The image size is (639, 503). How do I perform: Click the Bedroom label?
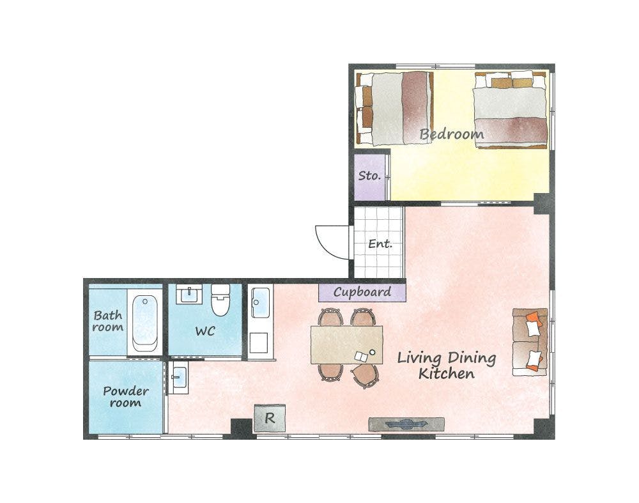click(x=452, y=134)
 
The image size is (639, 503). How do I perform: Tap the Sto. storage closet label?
click(x=369, y=176)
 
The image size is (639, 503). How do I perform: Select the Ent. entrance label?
click(x=380, y=244)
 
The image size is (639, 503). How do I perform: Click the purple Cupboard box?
click(x=362, y=292)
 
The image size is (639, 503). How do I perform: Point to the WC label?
click(x=205, y=331)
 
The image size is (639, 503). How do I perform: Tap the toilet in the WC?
click(x=220, y=300)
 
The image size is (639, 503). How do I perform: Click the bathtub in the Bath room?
click(x=144, y=323)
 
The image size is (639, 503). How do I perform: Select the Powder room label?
click(x=126, y=397)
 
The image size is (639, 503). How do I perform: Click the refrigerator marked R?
click(x=270, y=418)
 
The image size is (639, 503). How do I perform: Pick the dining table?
click(x=347, y=344)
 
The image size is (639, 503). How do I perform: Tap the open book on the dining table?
click(x=361, y=357)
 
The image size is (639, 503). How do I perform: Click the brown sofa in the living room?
click(x=530, y=341)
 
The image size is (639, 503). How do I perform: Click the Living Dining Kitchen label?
click(x=447, y=366)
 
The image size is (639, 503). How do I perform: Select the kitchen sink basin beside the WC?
click(x=261, y=303)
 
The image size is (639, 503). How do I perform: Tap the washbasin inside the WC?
click(x=189, y=294)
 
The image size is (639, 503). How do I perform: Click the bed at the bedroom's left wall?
click(x=393, y=109)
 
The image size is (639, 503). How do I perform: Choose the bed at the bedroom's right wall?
click(x=510, y=109)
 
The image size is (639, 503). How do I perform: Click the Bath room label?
click(x=107, y=321)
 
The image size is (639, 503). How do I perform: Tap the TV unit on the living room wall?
click(x=406, y=424)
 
